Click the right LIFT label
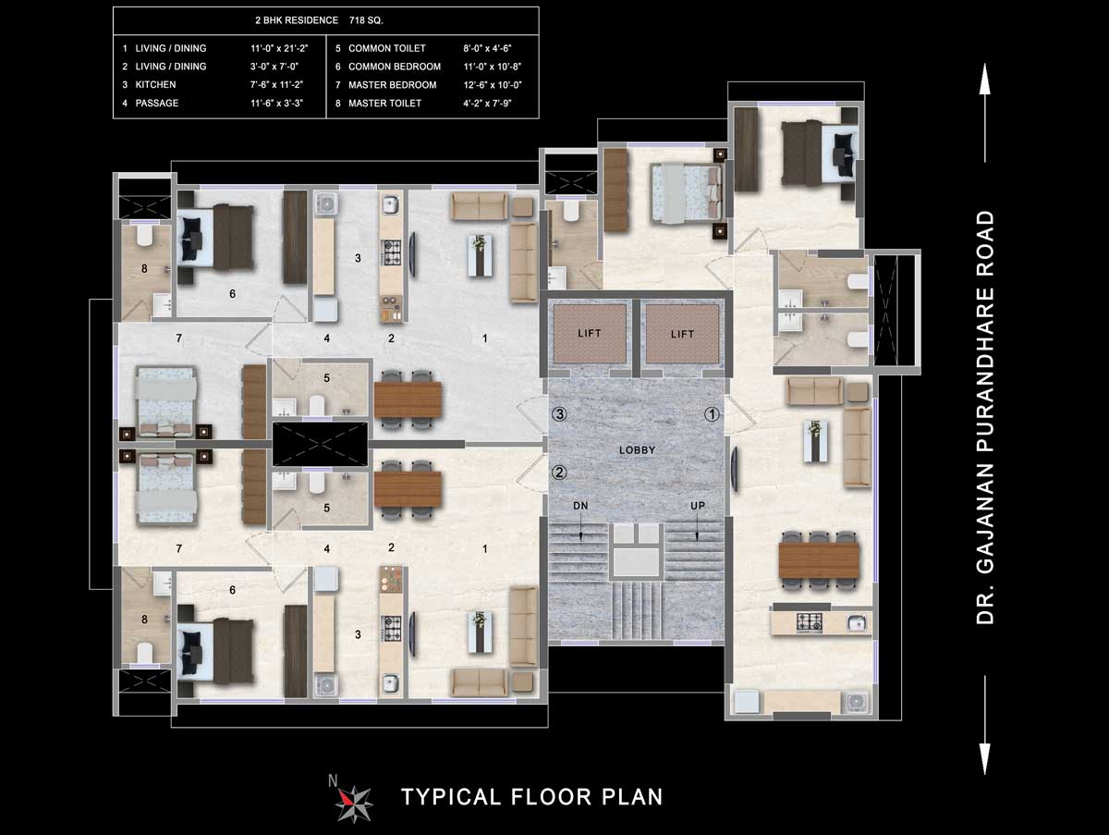click(x=682, y=334)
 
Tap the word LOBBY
click(x=637, y=450)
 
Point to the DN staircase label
click(x=580, y=507)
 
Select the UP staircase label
click(x=699, y=507)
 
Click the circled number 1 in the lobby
click(x=712, y=415)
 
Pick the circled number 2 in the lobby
click(x=558, y=473)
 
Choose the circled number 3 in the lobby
click(x=558, y=414)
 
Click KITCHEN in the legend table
click(x=155, y=85)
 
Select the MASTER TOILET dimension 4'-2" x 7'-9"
click(x=500, y=104)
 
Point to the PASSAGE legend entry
click(x=157, y=104)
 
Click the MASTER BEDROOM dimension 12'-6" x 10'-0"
click(x=500, y=85)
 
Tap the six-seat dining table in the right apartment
click(x=819, y=559)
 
